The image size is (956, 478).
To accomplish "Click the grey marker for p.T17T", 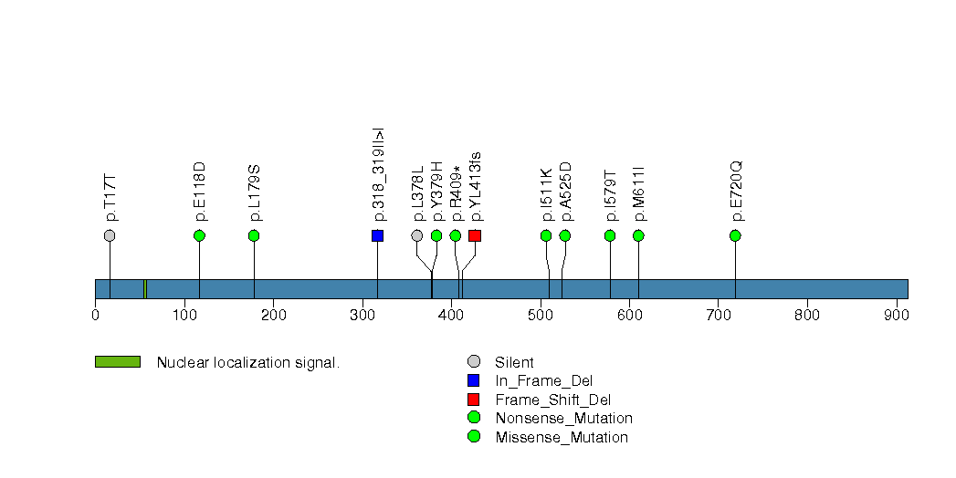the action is coord(110,235).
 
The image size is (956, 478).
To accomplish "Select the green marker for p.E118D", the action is coord(199,235).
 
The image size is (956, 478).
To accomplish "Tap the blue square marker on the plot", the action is coord(377,235).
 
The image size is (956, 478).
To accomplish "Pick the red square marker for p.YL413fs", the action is coord(475,235).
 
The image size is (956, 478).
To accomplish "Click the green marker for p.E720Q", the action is coord(735,235).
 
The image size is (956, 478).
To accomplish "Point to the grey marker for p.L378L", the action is coord(417,235).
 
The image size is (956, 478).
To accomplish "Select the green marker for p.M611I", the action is coord(638,235).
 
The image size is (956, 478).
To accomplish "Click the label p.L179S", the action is coord(255,192).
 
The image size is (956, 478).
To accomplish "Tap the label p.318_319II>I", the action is coord(379,175).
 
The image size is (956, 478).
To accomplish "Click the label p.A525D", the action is coord(566,192).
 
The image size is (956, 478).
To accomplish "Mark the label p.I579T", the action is coord(611,195).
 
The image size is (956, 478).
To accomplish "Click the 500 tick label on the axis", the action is coord(541,315).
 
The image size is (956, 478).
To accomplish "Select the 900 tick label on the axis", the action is coord(897,315).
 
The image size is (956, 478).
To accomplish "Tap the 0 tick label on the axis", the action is coord(95,315).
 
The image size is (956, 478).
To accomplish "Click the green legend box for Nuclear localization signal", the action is coord(118,362).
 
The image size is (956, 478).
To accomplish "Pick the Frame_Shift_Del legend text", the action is coord(553,400).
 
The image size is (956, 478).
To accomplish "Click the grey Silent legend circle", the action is coord(474,362).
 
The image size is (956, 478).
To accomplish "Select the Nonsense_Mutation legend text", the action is coord(564,419).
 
